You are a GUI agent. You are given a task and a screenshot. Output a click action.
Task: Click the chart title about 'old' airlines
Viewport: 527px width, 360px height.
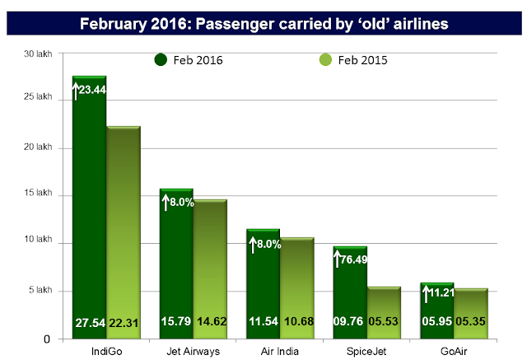[x=263, y=24]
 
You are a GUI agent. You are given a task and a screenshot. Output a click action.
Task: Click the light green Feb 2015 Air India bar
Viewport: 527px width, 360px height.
[x=296, y=280]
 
